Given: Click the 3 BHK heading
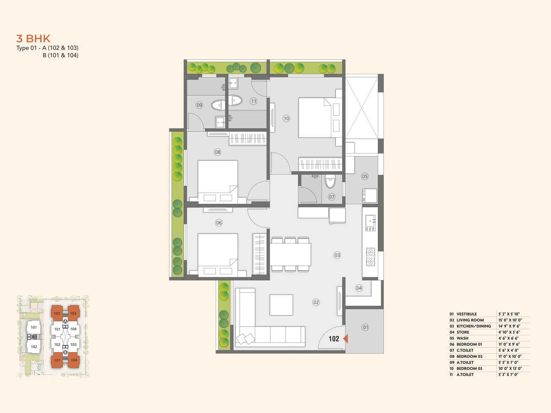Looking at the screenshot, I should click(33, 39).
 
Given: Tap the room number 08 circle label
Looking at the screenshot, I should click(217, 152).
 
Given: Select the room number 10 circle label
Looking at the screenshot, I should click(286, 118).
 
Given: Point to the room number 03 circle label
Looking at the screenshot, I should click(337, 255).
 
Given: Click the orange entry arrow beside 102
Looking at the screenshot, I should click(345, 339).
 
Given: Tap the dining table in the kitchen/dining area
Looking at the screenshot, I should click(290, 254).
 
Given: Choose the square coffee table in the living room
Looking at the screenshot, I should click(281, 305).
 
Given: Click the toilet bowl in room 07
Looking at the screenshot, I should click(330, 181).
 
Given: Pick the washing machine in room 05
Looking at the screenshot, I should click(370, 195).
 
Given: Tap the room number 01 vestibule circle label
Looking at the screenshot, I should click(365, 327).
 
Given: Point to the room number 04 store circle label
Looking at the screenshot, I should click(359, 288).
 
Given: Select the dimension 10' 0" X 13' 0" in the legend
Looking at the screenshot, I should click(510, 369).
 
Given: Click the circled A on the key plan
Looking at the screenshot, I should click(65, 321).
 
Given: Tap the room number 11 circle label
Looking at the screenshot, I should click(253, 101).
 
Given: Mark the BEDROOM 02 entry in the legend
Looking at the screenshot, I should click(469, 357).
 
